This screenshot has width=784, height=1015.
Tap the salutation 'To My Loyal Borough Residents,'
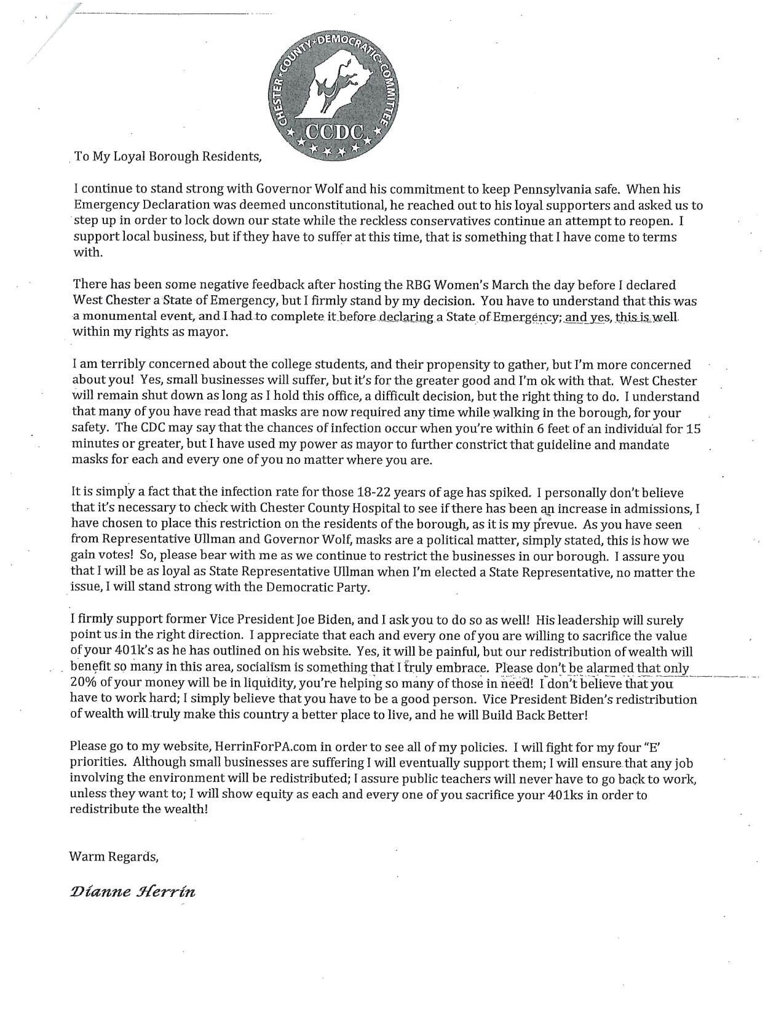[168, 156]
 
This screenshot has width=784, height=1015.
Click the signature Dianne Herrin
[133, 892]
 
